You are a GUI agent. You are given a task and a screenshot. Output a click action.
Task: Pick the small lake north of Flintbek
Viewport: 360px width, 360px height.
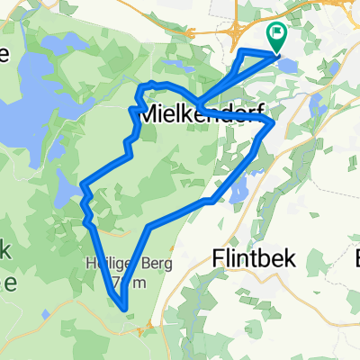click(238, 191)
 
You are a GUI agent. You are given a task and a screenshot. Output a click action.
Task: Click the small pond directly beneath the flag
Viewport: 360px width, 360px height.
click(285, 64)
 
